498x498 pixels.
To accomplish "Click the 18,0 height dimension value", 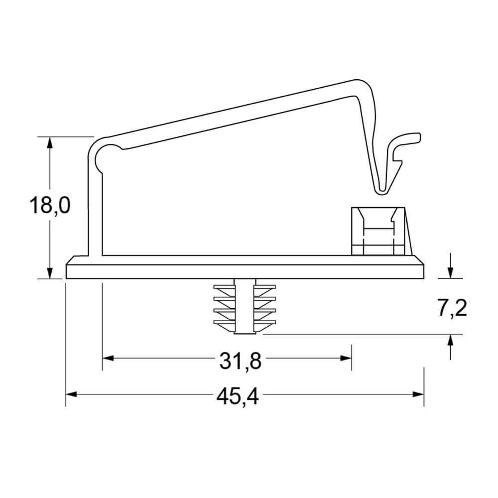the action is (50, 206).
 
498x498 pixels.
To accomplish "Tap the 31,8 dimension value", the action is (241, 361).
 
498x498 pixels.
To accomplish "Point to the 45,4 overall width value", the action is (238, 397).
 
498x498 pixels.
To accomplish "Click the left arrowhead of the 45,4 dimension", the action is (71, 394).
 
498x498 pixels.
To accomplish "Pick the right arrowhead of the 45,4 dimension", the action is (418, 394).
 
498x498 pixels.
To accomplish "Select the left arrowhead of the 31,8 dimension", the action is (108, 358).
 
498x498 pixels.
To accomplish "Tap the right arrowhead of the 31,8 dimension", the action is (346, 358).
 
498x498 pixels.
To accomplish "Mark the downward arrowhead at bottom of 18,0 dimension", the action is (49, 273).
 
